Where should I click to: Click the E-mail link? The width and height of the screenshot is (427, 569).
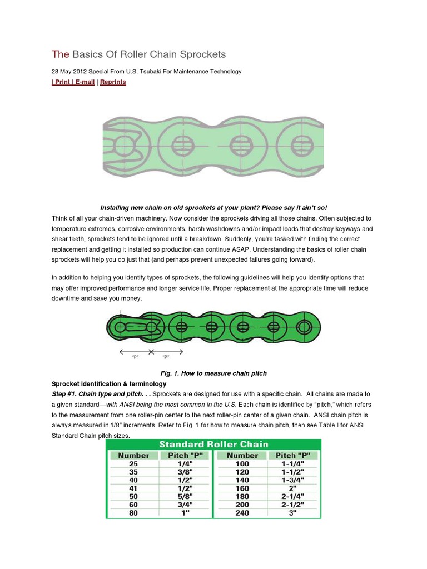tap(84, 82)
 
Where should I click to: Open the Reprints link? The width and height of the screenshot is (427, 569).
tap(113, 82)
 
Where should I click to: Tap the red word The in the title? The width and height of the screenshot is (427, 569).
tap(60, 54)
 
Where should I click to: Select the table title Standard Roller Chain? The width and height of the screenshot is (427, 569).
tap(213, 444)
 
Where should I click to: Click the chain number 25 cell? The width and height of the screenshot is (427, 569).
tap(133, 463)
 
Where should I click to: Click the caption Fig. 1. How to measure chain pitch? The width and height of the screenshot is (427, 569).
tap(213, 373)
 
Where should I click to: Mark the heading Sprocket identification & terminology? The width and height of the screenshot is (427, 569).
tap(108, 383)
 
